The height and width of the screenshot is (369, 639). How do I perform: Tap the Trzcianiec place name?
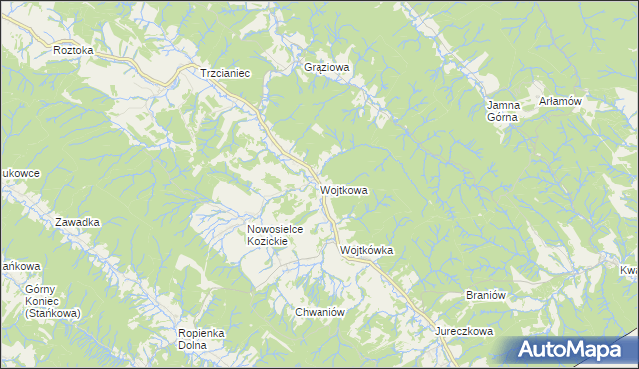coord(224,73)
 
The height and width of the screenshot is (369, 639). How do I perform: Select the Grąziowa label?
coord(327,68)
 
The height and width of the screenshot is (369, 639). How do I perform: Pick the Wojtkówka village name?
coord(367,251)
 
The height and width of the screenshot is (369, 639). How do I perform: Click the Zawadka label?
coord(77,222)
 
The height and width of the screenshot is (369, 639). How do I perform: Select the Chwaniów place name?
coord(319,312)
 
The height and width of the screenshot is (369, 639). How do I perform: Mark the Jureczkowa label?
coord(464,330)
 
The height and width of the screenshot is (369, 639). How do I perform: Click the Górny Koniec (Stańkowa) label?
coord(40,300)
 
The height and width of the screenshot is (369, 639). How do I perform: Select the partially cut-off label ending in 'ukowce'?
coord(20,173)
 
